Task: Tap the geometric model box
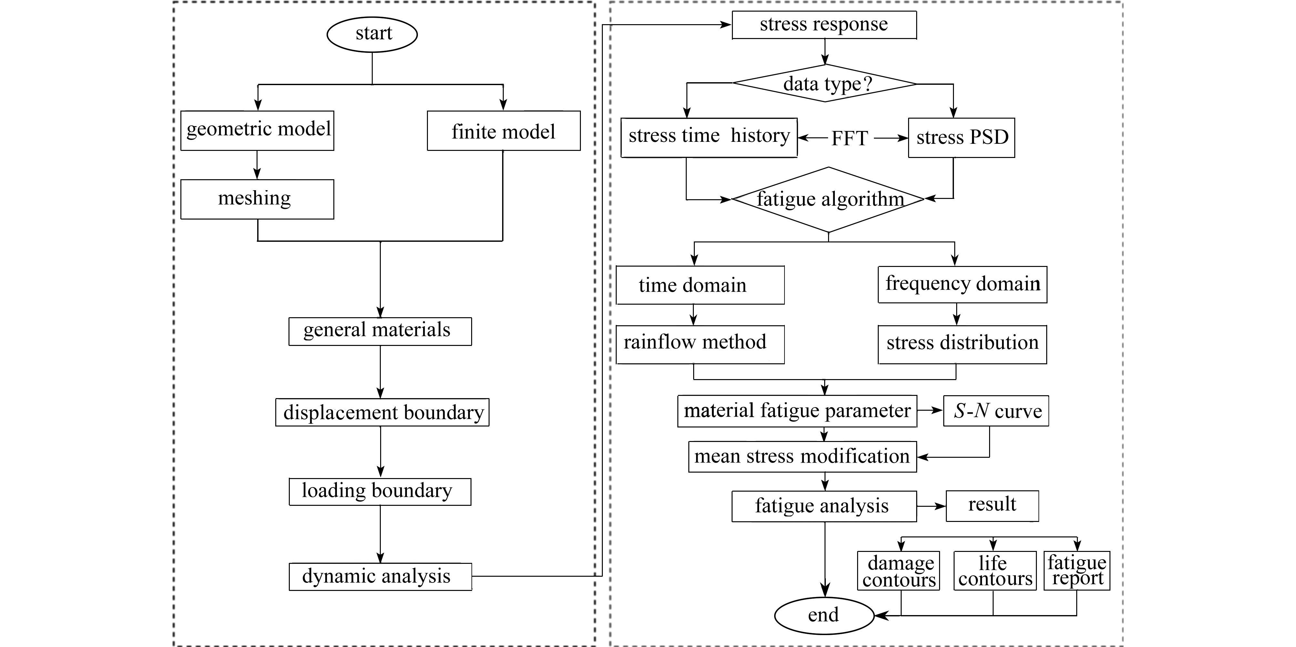(257, 131)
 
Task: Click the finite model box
(504, 131)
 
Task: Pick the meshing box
(257, 199)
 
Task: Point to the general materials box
(380, 331)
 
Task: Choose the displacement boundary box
(382, 412)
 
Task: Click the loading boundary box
(380, 492)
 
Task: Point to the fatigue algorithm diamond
(828, 200)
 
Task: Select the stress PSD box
(961, 138)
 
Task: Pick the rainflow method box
(700, 344)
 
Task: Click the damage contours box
(898, 571)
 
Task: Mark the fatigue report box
(1077, 571)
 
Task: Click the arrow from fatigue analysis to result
(931, 506)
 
